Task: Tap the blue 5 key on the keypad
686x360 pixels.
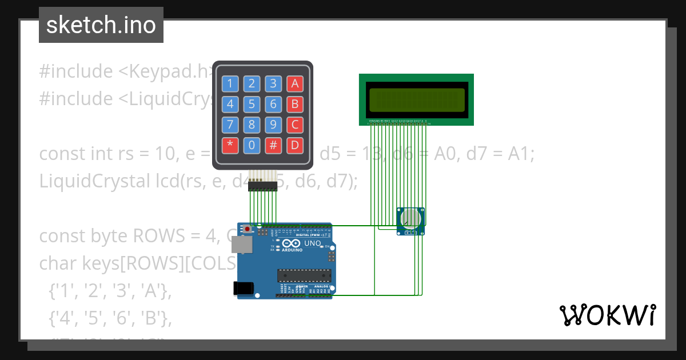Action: click(x=252, y=104)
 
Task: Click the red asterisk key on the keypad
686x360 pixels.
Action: click(x=230, y=145)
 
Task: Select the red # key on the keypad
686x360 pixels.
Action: click(x=273, y=145)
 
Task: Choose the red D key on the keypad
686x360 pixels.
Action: click(x=295, y=145)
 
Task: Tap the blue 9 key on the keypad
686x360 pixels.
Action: click(x=273, y=125)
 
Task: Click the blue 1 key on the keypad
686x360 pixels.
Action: click(x=230, y=84)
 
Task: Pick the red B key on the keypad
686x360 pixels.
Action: click(x=295, y=104)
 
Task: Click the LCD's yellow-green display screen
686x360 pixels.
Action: click(x=416, y=99)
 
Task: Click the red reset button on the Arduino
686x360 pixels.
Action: click(x=248, y=229)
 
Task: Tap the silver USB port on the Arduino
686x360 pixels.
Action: click(x=241, y=245)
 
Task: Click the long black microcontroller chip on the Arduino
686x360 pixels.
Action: click(x=304, y=275)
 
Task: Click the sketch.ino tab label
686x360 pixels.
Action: click(x=101, y=25)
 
